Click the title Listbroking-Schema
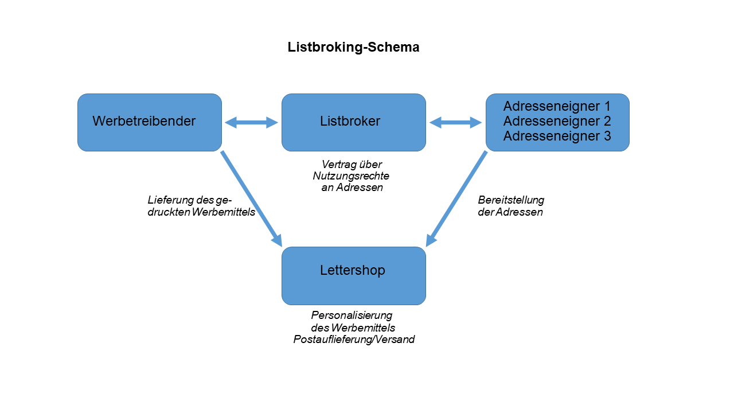pyautogui.click(x=353, y=48)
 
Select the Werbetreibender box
pyautogui.click(x=150, y=122)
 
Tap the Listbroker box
pyautogui.click(x=353, y=122)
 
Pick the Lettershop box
pyautogui.click(x=353, y=275)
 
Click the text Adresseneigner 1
pyautogui.click(x=557, y=106)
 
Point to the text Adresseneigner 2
pyautogui.click(x=557, y=121)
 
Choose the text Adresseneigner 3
pyautogui.click(x=557, y=136)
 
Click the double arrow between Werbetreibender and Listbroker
pyautogui.click(x=251, y=122)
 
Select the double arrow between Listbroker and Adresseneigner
pyautogui.click(x=456, y=122)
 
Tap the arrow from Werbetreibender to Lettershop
pyautogui.click(x=251, y=198)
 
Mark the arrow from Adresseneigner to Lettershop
pyautogui.click(x=456, y=198)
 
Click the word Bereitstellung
pyautogui.click(x=511, y=200)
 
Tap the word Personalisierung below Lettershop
pyautogui.click(x=352, y=315)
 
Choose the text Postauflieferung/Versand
pyautogui.click(x=354, y=340)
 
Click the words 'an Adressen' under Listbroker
pyautogui.click(x=352, y=188)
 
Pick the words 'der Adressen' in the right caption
pyautogui.click(x=510, y=212)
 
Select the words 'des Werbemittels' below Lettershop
pyautogui.click(x=353, y=328)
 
